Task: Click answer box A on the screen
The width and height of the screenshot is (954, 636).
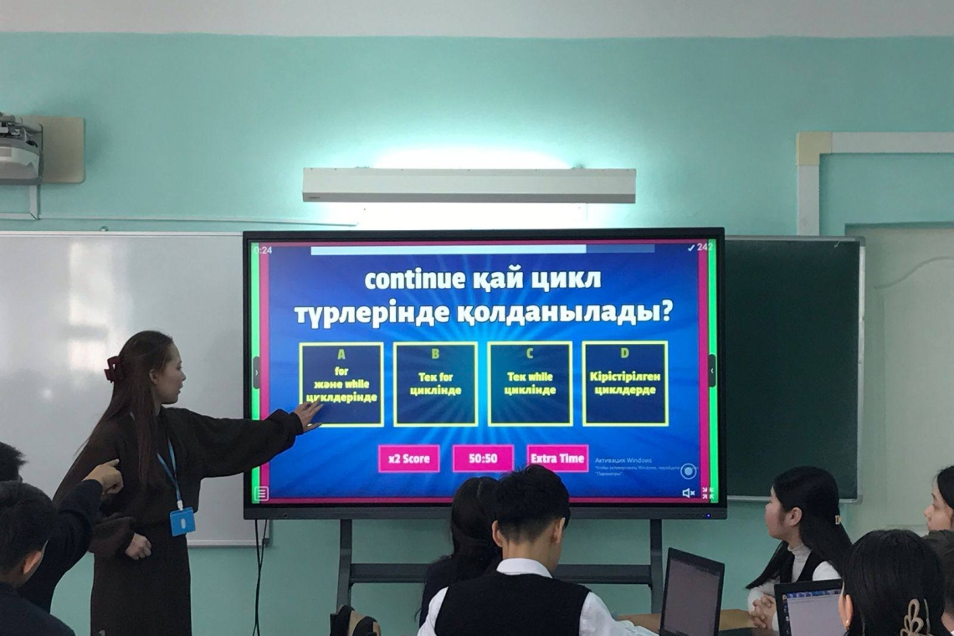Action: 341,384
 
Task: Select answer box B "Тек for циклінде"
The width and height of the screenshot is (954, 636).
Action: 435,384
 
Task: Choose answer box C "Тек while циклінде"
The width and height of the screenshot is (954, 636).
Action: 530,384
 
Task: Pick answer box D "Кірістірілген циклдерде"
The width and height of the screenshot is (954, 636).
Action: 624,384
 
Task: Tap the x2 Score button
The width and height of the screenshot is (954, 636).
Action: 408,459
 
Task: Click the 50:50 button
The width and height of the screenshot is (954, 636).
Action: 483,459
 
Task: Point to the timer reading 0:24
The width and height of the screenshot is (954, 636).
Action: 263,249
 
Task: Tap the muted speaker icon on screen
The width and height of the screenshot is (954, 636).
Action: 688,493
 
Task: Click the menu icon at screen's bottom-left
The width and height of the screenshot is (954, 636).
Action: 261,493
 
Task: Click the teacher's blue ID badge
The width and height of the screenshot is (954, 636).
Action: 182,521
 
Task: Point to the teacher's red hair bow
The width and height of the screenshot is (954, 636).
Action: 112,368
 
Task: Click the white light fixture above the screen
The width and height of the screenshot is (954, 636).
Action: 469,185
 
